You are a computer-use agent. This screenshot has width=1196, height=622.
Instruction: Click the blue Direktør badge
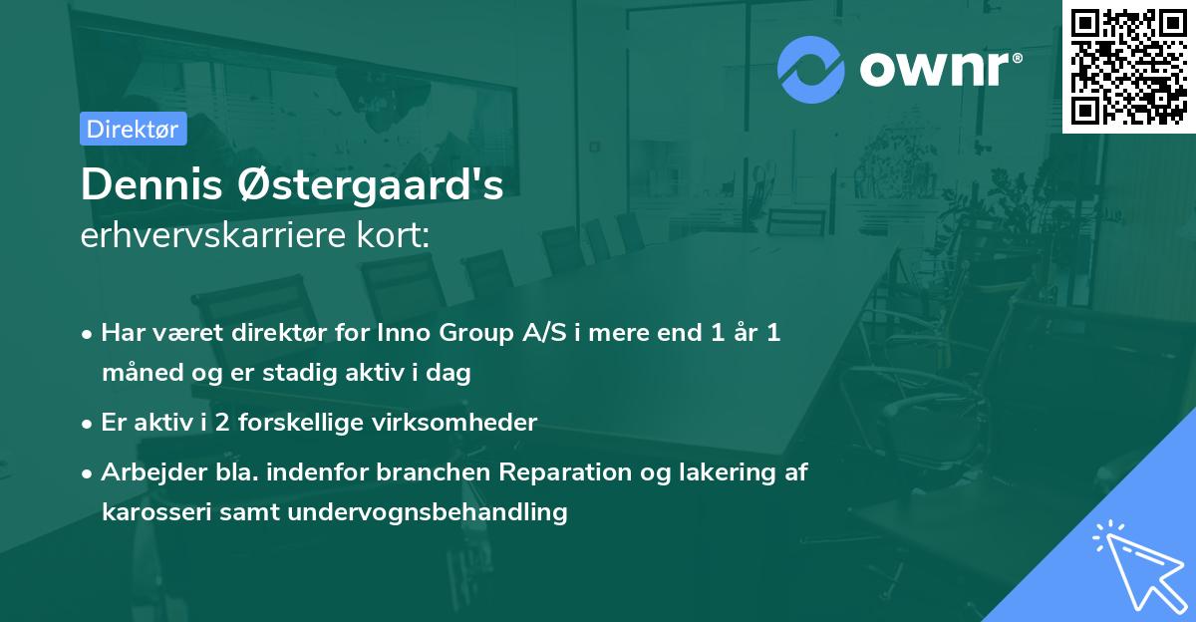[134, 129]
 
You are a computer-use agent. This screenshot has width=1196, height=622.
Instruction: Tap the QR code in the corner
[1128, 67]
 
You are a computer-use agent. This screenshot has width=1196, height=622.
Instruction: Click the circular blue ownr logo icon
[810, 70]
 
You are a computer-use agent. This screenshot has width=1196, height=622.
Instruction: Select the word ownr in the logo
[934, 70]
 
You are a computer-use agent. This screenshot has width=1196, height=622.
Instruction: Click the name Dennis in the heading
[151, 184]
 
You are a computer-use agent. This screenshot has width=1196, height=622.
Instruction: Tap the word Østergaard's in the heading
[370, 184]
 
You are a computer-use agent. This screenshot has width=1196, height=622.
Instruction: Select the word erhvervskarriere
[213, 235]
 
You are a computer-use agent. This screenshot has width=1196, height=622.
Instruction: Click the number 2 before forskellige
[222, 423]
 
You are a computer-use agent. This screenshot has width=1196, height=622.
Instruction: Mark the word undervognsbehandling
[428, 512]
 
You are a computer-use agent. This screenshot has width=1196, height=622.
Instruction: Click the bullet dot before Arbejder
[87, 473]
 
